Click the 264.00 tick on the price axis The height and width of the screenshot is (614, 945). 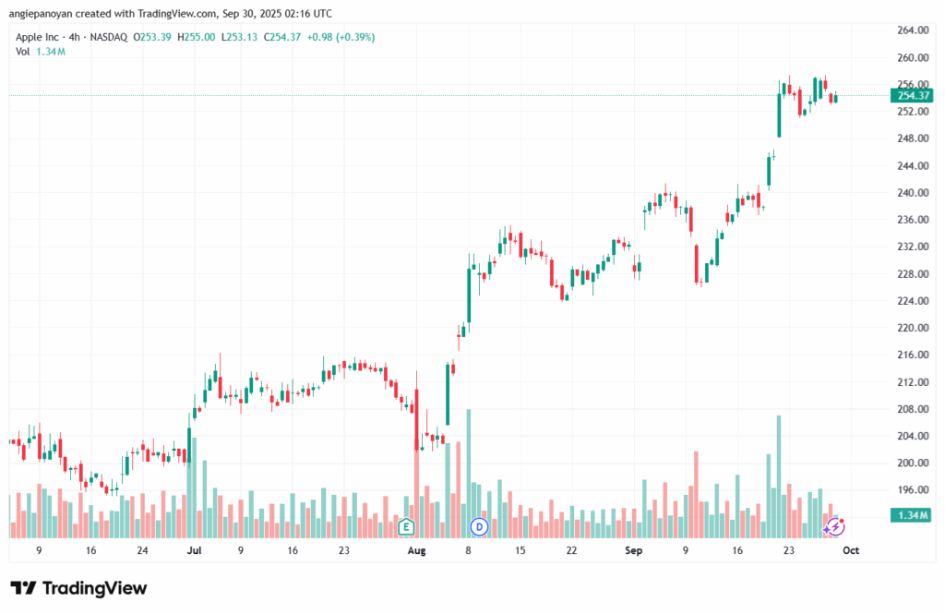(912, 30)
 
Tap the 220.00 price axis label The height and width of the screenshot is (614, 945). (912, 328)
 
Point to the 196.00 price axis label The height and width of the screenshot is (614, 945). (912, 489)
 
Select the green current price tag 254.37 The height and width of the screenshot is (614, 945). (911, 95)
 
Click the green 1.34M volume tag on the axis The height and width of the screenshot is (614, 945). (910, 514)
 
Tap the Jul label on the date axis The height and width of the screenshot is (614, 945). (194, 550)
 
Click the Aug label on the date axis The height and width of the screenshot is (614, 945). (416, 550)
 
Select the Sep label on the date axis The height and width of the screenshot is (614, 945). (633, 550)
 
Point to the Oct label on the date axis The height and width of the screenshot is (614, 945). (851, 550)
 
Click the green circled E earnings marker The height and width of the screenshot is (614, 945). (405, 527)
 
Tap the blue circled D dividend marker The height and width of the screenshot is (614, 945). (479, 527)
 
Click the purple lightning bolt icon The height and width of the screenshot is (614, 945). (836, 527)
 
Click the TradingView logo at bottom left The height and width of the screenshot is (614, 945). (78, 588)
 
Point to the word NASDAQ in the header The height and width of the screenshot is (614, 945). (109, 37)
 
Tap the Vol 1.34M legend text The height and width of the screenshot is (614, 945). (41, 52)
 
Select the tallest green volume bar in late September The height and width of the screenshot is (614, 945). (779, 476)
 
